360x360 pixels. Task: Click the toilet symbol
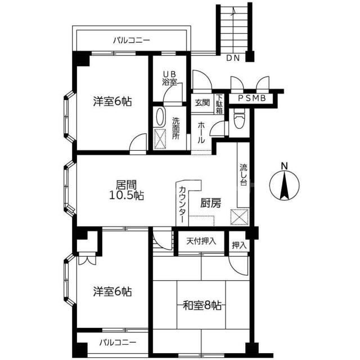coord(239,119)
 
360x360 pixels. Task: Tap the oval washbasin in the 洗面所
coord(160,116)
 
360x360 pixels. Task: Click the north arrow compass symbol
coord(284,185)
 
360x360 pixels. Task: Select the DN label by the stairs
coord(233,58)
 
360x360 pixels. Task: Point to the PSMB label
coord(252,98)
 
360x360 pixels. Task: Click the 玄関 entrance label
coord(202,102)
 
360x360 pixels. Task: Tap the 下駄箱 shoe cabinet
coord(219,104)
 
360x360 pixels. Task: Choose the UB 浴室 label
coord(170,78)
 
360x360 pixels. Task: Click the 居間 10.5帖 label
coord(126,190)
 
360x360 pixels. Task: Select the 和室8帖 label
coord(202,305)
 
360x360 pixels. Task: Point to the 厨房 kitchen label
coord(211,203)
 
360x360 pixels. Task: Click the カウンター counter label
coord(182,204)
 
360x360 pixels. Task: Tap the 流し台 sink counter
coord(243,174)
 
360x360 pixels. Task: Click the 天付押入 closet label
coord(201,241)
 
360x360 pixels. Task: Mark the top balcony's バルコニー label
coord(132,40)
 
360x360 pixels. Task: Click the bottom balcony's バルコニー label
coord(118,343)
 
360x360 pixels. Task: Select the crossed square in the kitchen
coord(240,217)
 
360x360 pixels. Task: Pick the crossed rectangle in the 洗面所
coord(160,139)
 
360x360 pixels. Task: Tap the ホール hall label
coord(201,133)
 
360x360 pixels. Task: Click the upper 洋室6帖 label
coord(112,102)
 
